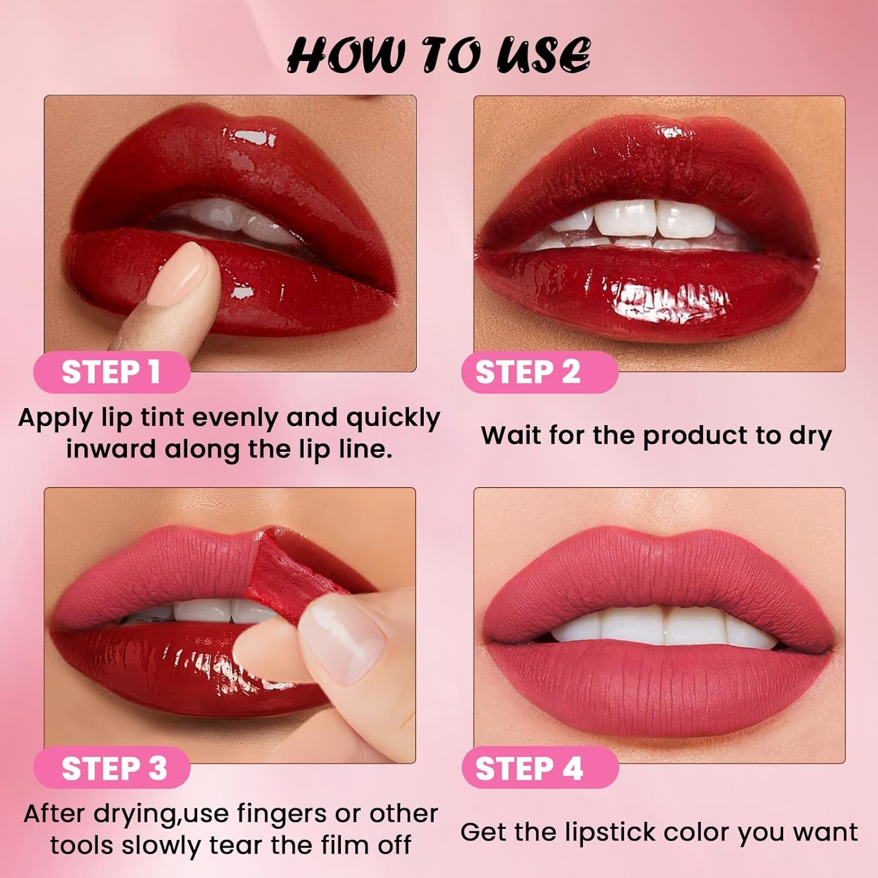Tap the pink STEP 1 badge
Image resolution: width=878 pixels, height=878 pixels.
click(111, 372)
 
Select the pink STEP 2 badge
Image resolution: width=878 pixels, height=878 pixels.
click(539, 372)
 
